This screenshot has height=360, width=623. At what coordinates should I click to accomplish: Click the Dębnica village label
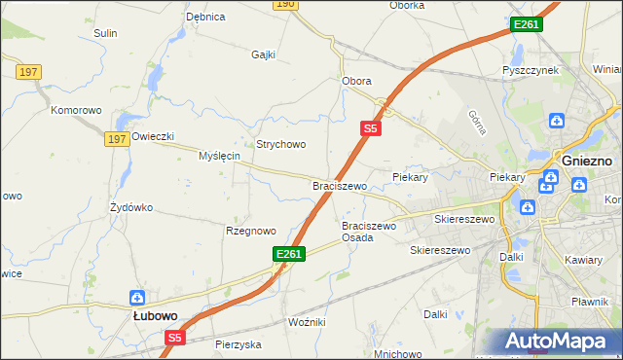click(205, 17)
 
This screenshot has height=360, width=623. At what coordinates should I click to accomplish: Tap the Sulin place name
click(105, 33)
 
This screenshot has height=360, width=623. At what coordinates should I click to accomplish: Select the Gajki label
click(264, 54)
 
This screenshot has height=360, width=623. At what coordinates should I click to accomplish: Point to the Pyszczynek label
click(530, 71)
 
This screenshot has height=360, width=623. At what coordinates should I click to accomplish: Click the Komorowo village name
click(77, 110)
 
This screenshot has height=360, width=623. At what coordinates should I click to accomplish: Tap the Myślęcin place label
click(219, 156)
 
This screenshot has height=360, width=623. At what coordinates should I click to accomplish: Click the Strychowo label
click(280, 144)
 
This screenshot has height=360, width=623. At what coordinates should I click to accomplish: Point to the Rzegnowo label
click(251, 231)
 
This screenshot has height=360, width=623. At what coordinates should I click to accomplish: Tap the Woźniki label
click(307, 321)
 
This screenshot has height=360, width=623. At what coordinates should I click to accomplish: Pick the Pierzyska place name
click(238, 344)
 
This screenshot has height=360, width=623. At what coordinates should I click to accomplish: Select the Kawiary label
click(584, 260)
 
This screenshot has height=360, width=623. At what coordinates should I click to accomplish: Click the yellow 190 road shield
click(284, 4)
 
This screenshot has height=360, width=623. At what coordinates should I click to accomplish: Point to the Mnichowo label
click(397, 353)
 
